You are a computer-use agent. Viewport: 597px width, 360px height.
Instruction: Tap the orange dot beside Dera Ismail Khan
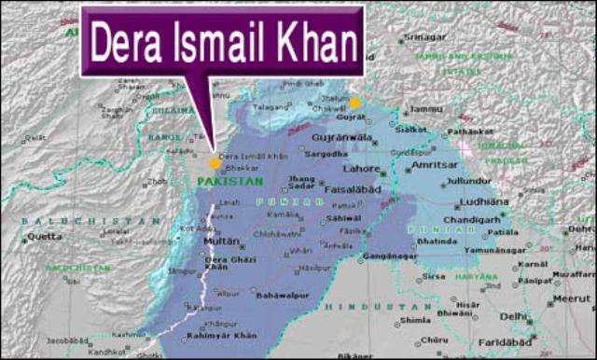[x=215, y=163]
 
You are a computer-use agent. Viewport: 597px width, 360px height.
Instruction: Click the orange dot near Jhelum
[x=354, y=103]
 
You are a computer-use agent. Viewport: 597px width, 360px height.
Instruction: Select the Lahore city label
[x=361, y=169]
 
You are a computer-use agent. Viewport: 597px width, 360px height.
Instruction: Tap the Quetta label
[x=45, y=236]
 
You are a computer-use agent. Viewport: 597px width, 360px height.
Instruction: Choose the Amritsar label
[x=432, y=164]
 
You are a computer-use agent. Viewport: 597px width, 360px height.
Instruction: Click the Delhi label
[x=513, y=317]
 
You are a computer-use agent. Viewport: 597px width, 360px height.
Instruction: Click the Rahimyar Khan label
[x=222, y=337]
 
